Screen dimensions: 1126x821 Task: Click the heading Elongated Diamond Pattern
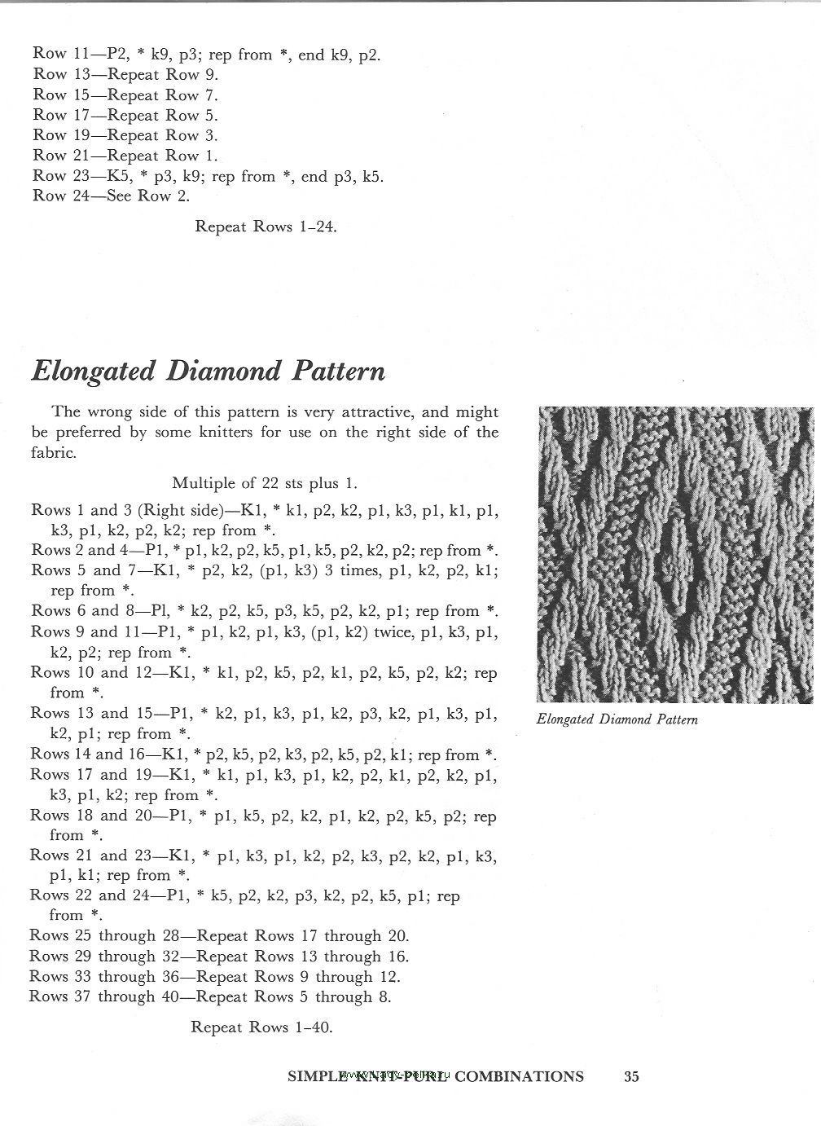coord(208,372)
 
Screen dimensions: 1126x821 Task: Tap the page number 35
coord(631,1076)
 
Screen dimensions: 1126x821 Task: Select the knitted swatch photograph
coord(675,554)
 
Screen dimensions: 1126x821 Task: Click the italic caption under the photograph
coord(617,719)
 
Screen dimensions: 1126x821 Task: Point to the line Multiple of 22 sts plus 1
coord(265,484)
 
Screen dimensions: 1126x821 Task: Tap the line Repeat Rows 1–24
coord(266,227)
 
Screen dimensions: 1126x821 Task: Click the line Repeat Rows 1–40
coord(261,1027)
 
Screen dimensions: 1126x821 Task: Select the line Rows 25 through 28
coord(219,935)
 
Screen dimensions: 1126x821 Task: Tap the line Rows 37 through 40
coord(210,996)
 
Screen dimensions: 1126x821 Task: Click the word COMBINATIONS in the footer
coord(519,1076)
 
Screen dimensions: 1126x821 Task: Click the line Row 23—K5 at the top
coord(208,176)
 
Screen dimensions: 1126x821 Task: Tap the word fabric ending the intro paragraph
coord(54,453)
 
